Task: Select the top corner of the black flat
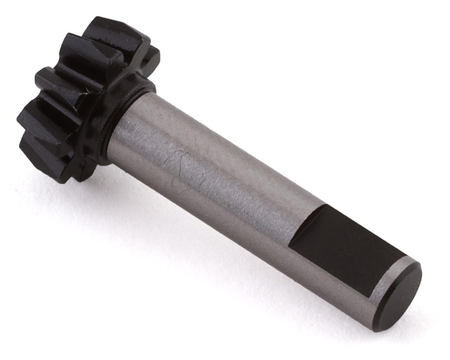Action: [x=326, y=206]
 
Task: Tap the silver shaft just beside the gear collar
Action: [x=127, y=132]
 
